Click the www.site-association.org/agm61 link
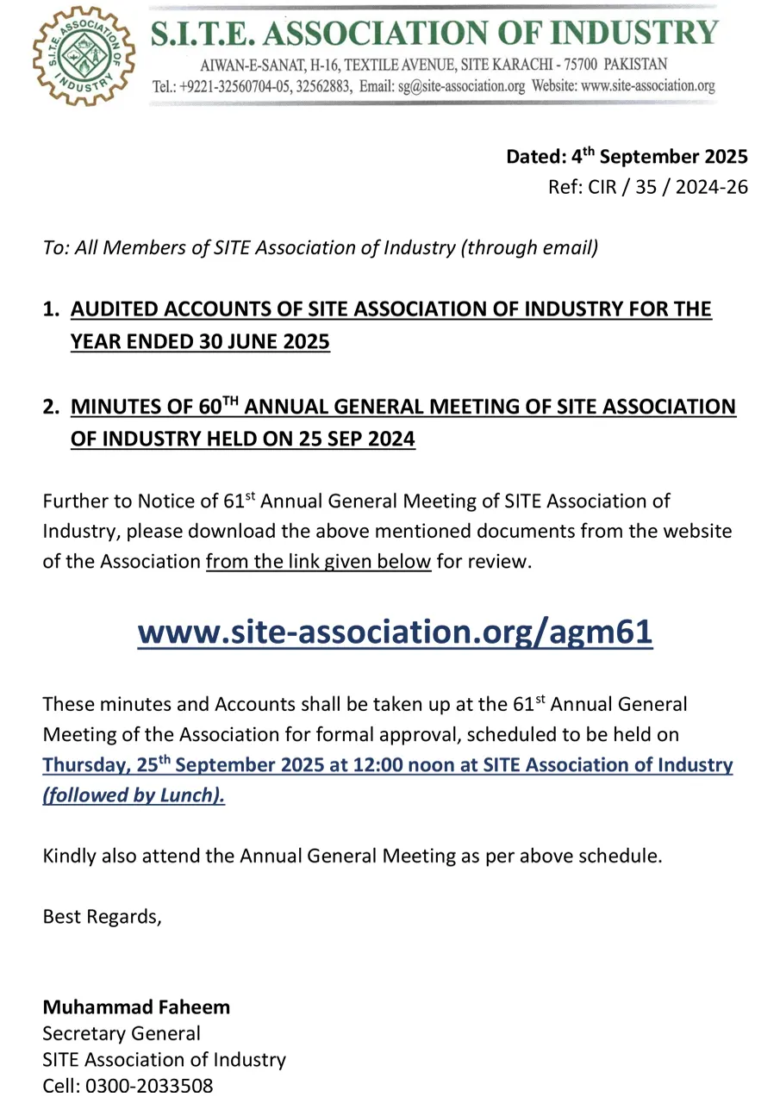click(x=395, y=633)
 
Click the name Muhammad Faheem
click(x=136, y=1006)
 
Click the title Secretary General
click(x=122, y=1033)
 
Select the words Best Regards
click(x=102, y=916)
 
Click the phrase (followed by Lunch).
click(x=134, y=795)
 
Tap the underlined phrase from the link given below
click(x=318, y=561)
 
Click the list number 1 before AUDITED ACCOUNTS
click(x=50, y=309)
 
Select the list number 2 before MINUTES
click(x=50, y=407)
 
